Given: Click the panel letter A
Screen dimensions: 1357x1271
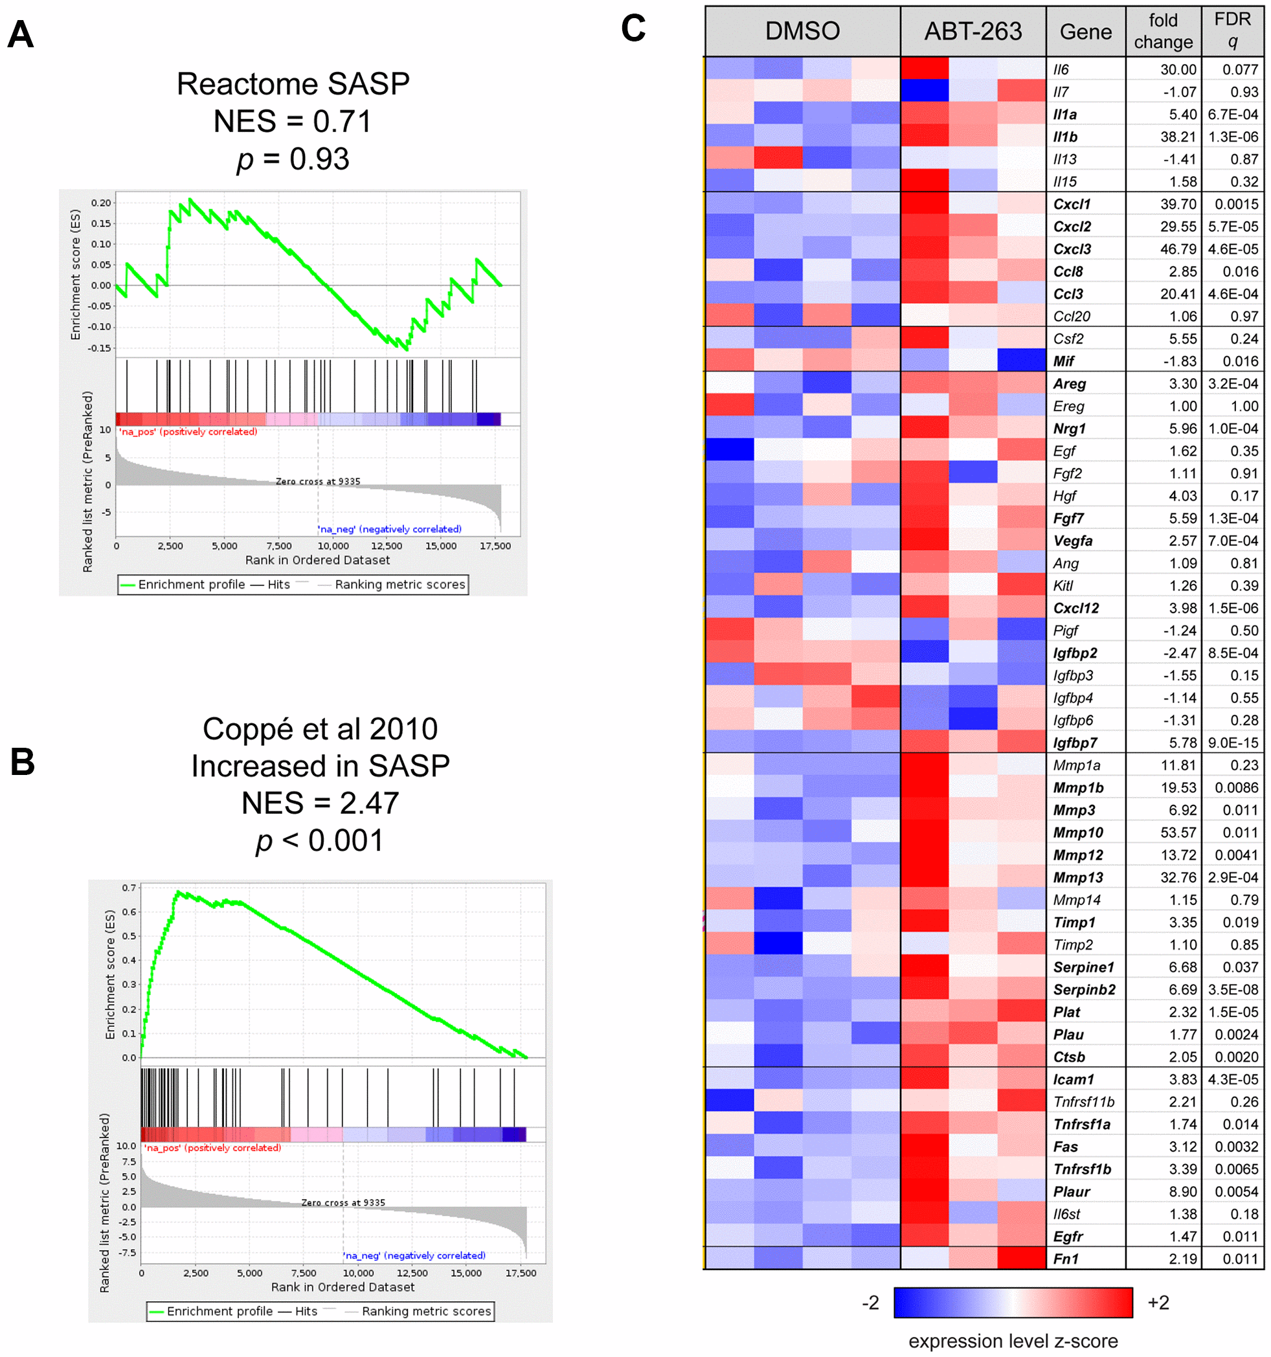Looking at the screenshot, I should [x=21, y=34].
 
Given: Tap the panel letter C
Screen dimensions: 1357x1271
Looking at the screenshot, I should [x=633, y=28].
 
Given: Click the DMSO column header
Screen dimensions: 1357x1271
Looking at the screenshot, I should [x=802, y=31].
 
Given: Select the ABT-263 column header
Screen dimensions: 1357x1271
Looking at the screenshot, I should [x=973, y=31].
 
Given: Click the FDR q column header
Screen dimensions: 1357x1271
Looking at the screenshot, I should [x=1232, y=30].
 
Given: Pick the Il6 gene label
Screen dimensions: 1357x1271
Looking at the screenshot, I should [x=1061, y=70].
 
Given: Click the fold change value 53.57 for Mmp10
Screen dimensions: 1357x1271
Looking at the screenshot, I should [x=1178, y=833].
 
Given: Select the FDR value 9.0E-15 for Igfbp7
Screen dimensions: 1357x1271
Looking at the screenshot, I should [x=1233, y=743].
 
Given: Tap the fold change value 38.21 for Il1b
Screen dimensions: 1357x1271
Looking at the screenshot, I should [x=1178, y=137].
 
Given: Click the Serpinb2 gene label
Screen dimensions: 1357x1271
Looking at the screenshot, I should [x=1084, y=990].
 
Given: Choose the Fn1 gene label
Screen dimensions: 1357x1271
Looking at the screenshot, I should [x=1066, y=1259].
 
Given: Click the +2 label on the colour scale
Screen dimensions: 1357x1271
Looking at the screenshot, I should [x=1158, y=1303].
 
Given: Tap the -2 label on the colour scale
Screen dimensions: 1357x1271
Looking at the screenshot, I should [x=870, y=1303].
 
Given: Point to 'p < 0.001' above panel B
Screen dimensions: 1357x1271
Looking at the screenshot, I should [x=319, y=840].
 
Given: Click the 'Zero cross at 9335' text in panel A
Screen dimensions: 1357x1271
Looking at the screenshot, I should [x=317, y=481].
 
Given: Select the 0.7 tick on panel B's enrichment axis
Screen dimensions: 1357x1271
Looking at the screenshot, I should [x=129, y=888].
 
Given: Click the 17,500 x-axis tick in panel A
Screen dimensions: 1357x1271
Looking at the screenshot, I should [x=495, y=546].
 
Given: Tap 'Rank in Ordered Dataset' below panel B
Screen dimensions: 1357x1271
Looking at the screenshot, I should [x=343, y=1286].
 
